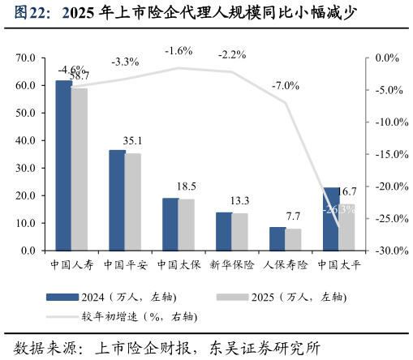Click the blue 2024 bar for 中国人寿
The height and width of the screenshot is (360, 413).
click(x=63, y=165)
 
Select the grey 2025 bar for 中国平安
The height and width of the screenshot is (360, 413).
click(x=133, y=202)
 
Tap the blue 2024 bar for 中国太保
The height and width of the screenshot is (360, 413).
click(x=170, y=224)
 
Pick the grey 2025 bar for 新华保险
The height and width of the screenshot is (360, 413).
click(x=240, y=232)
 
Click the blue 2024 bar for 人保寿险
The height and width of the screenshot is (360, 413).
click(x=277, y=238)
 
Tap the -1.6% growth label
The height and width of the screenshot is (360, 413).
click(x=179, y=51)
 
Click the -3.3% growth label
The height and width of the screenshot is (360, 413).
click(x=125, y=62)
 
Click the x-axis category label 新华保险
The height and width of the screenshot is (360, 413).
click(x=231, y=264)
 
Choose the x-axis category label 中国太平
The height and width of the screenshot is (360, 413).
click(x=338, y=264)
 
